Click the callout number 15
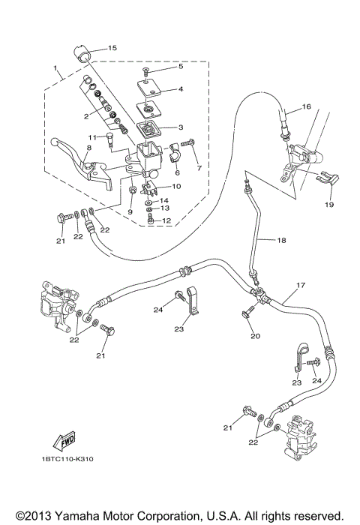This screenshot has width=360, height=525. pyautogui.click(x=112, y=48)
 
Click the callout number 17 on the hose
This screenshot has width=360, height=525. pyautogui.click(x=300, y=286)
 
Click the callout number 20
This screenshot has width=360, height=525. pyautogui.click(x=255, y=336)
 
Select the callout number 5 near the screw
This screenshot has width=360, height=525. pyautogui.click(x=179, y=67)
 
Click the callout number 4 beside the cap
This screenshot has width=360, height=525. pyautogui.click(x=180, y=89)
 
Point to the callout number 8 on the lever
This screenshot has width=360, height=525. pyautogui.click(x=88, y=149)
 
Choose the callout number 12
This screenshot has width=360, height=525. pyautogui.click(x=167, y=220)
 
